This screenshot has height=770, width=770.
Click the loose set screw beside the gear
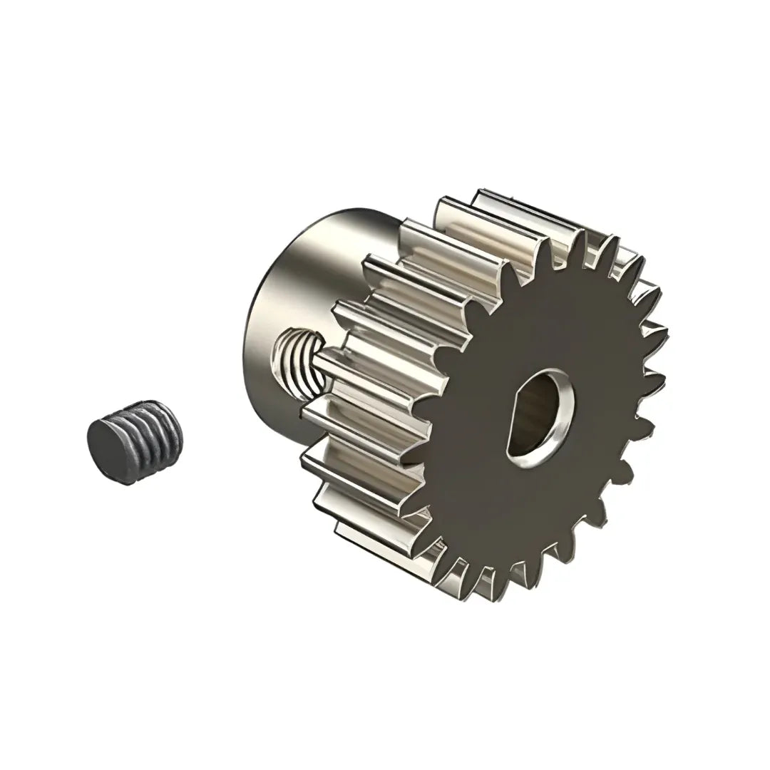(135, 442)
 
